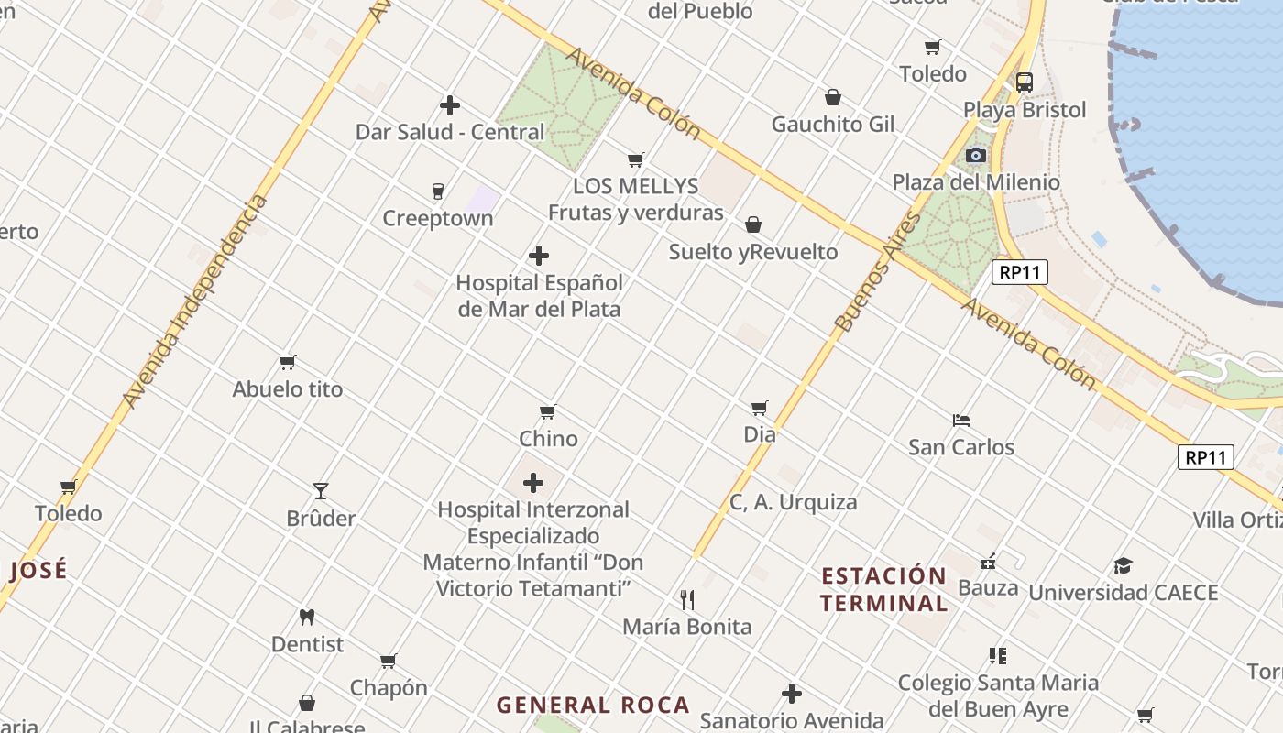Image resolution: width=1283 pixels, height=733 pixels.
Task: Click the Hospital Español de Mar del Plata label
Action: pyautogui.click(x=539, y=296)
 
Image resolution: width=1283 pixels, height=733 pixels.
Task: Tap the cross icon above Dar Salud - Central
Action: pyautogui.click(x=450, y=105)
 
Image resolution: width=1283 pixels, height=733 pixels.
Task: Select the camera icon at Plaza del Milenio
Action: pyautogui.click(x=975, y=155)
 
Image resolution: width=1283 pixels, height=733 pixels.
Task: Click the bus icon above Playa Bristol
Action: pyautogui.click(x=1025, y=82)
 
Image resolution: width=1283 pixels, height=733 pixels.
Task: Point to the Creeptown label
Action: pyautogui.click(x=438, y=218)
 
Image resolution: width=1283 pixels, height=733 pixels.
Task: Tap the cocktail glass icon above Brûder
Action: pyautogui.click(x=321, y=491)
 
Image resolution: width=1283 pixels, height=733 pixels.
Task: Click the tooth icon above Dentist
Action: pyautogui.click(x=307, y=618)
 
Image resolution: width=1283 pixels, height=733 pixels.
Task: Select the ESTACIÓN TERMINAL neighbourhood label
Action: pyautogui.click(x=884, y=589)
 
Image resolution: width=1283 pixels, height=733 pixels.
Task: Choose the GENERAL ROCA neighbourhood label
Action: pyautogui.click(x=593, y=705)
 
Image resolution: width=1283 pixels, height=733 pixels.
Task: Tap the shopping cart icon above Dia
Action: pyautogui.click(x=760, y=408)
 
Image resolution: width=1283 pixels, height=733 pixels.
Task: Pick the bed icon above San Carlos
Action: pyautogui.click(x=961, y=421)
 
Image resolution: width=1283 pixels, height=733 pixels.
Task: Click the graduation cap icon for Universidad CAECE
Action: pyautogui.click(x=1124, y=565)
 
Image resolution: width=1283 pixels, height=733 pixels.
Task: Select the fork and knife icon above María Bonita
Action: pyautogui.click(x=687, y=600)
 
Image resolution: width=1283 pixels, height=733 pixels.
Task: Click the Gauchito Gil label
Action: pyautogui.click(x=833, y=124)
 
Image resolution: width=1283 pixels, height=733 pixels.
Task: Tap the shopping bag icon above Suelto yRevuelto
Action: pyautogui.click(x=753, y=224)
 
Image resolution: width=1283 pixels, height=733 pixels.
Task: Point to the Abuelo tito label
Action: pyautogui.click(x=288, y=389)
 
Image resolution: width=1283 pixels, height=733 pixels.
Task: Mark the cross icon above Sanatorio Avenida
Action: pyautogui.click(x=792, y=694)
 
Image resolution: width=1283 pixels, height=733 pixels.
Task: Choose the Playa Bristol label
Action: pyautogui.click(x=1025, y=110)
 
